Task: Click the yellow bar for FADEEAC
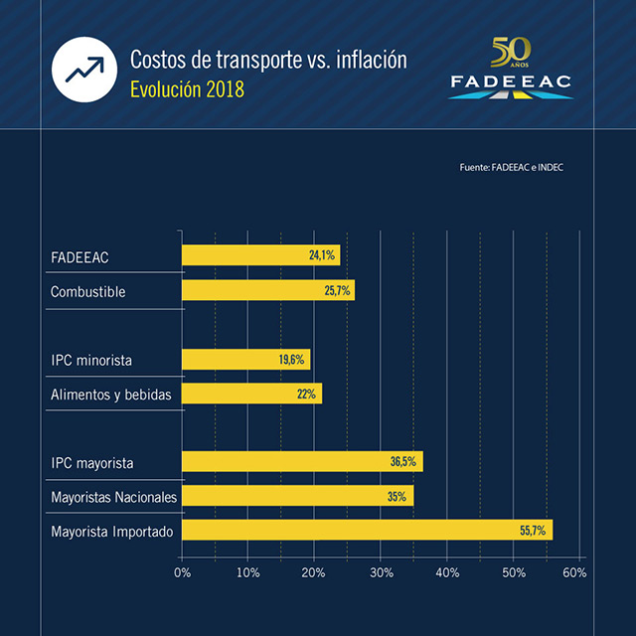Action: pyautogui.click(x=260, y=255)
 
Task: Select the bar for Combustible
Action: pyautogui.click(x=267, y=290)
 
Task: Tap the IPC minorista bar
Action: pyautogui.click(x=245, y=360)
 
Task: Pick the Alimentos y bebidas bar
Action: pyautogui.click(x=251, y=394)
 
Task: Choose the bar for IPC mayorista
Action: pyautogui.click(x=302, y=461)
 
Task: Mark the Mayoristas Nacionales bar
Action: pyautogui.click(x=297, y=496)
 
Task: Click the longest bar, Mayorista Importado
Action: pyautogui.click(x=367, y=530)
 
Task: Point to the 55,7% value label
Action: pyautogui.click(x=533, y=531)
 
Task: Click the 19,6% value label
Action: pyautogui.click(x=292, y=360)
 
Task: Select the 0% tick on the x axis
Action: pyautogui.click(x=182, y=572)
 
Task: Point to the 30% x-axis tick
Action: pyautogui.click(x=381, y=572)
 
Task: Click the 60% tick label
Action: pyautogui.click(x=574, y=572)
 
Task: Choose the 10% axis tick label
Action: pyautogui.click(x=248, y=572)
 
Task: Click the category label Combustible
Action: pyautogui.click(x=88, y=292)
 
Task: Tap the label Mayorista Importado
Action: pyautogui.click(x=112, y=532)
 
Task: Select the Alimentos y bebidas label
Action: pyautogui.click(x=111, y=395)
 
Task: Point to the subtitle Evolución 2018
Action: pyautogui.click(x=187, y=89)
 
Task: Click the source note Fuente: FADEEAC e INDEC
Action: pyautogui.click(x=511, y=168)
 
